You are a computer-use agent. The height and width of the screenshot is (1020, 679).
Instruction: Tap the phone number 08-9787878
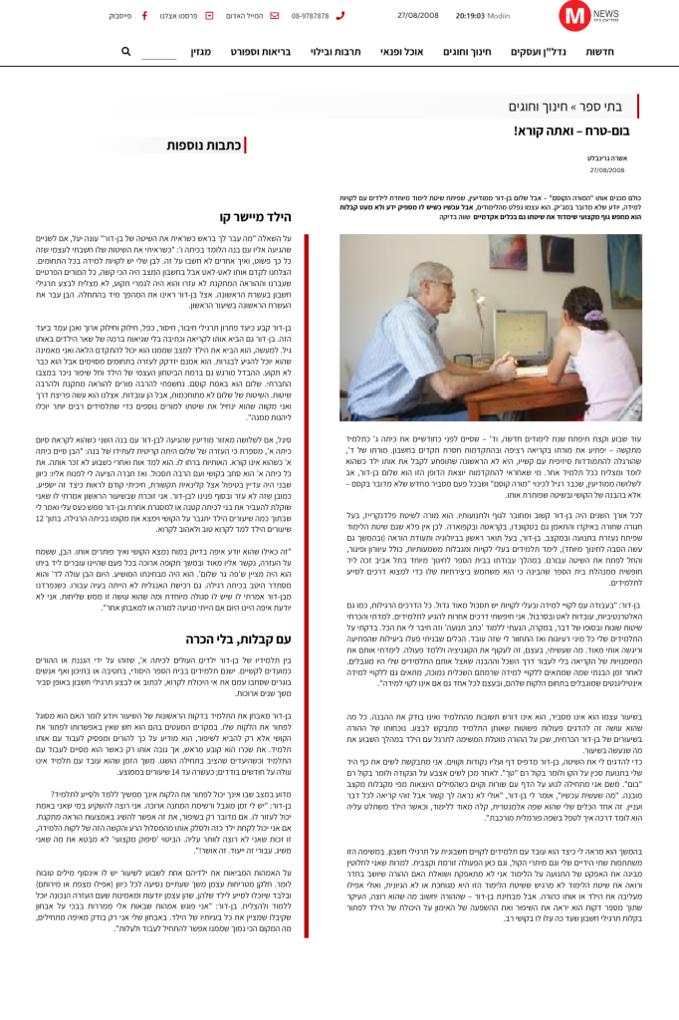click(311, 16)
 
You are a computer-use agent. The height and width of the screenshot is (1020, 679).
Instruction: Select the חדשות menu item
click(600, 52)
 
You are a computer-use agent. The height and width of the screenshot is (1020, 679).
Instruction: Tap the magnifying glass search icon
click(126, 52)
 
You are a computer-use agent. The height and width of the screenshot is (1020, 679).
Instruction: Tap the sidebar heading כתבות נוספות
click(206, 145)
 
